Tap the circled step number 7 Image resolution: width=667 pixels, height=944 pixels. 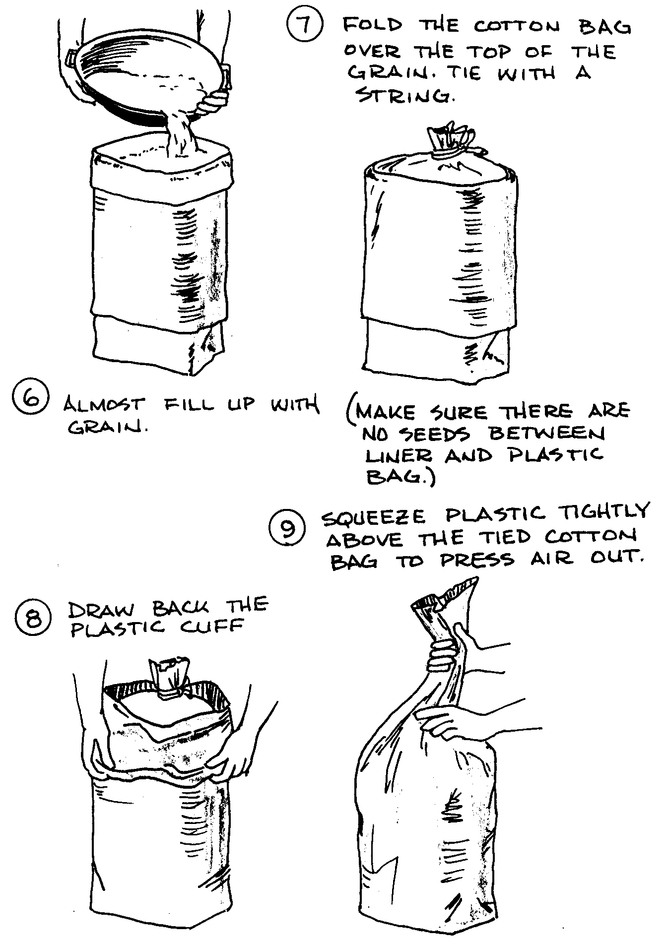point(305,26)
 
